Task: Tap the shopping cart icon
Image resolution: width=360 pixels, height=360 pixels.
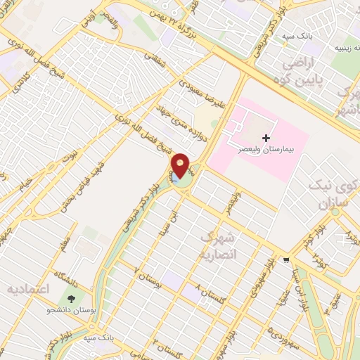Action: (286, 259)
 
